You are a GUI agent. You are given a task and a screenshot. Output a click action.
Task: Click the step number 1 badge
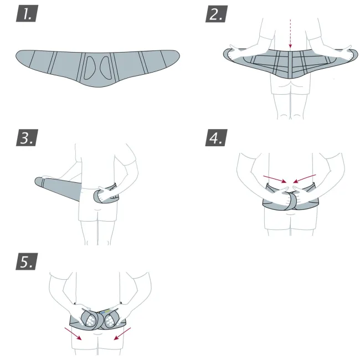coord(27,13)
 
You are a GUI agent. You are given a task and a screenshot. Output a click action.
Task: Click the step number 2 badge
coord(217,14)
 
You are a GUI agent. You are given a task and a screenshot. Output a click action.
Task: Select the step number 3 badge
coord(27,137)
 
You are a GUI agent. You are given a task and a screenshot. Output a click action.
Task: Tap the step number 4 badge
coord(216,137)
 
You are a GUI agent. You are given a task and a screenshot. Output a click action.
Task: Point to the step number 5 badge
coord(27,261)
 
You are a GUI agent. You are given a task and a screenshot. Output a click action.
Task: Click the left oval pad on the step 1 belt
coord(89,68)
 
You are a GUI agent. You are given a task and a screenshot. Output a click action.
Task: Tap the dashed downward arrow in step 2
coord(290,34)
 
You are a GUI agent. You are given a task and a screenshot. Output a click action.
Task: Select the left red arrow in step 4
coord(275,179)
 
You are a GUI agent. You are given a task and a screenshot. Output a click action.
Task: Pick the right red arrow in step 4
coord(305,179)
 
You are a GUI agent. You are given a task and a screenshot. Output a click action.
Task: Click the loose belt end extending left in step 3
coord(58,188)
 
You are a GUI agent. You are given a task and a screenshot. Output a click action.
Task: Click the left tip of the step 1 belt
coord(16,56)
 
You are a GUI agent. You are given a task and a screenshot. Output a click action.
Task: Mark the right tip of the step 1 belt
coord(179,55)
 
